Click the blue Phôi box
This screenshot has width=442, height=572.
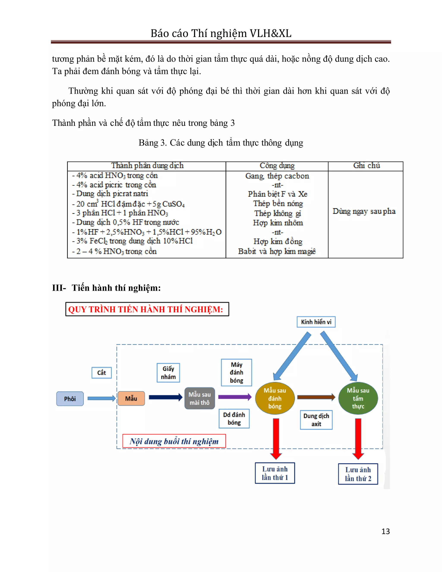[x=70, y=399]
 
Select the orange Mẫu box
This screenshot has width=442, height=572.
[x=131, y=398]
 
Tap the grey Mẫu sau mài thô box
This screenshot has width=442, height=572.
[x=200, y=398]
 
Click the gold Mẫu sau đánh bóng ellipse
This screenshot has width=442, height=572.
[x=275, y=398]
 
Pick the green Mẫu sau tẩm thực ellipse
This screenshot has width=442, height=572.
[x=358, y=398]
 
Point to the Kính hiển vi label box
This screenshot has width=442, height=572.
[x=316, y=322]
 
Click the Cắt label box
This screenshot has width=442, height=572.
[x=102, y=373]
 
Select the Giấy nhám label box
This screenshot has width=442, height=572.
[x=168, y=373]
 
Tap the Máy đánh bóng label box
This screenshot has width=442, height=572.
[x=237, y=372]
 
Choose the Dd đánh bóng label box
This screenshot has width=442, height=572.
[x=234, y=419]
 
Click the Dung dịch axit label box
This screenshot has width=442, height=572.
[x=316, y=420]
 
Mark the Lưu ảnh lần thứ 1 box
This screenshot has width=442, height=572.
[x=275, y=473]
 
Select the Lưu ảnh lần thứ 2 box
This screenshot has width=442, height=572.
[x=358, y=474]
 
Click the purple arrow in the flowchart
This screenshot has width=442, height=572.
[x=235, y=397]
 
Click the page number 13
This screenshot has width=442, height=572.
[x=385, y=531]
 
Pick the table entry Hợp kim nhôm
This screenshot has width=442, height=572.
[x=278, y=223]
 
